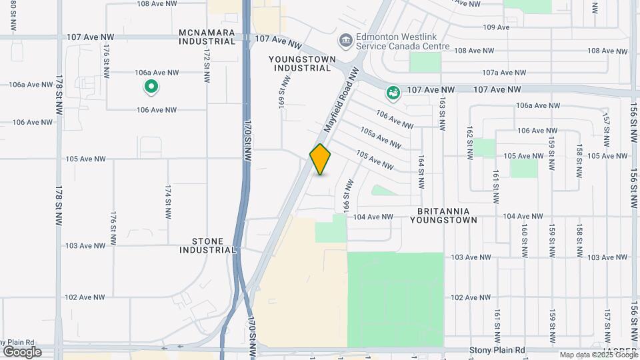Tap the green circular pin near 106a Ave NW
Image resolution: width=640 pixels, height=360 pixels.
151,87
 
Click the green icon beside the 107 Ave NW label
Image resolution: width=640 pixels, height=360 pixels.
393,93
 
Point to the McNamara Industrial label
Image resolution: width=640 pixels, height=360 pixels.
207,37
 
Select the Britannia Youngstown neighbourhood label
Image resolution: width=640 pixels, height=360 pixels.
443,214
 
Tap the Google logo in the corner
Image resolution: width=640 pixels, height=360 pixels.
22,352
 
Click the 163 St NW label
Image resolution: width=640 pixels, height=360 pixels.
441,110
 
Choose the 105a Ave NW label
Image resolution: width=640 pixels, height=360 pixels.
381,138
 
